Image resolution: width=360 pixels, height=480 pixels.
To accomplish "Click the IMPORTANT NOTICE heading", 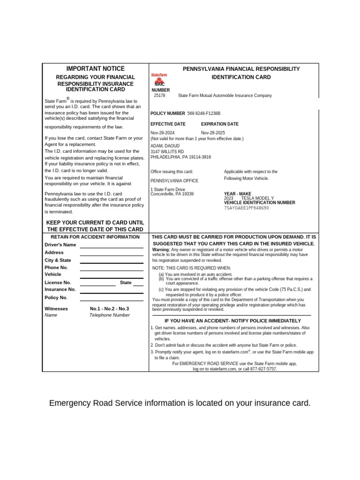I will click(x=96, y=68).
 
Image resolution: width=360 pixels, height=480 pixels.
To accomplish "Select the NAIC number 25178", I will click(x=159, y=96).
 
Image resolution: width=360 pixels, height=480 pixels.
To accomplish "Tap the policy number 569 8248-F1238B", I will click(x=203, y=113).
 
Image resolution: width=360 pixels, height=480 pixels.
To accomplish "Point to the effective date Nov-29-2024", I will click(x=162, y=133).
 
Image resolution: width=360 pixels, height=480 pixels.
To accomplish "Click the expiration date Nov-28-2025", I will click(x=213, y=133).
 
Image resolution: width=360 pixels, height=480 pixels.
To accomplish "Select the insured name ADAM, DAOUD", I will click(x=165, y=146).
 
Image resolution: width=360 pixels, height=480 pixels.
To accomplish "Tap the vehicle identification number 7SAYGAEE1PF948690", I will click(x=247, y=208).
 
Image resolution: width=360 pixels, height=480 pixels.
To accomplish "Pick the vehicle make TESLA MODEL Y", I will click(x=258, y=198).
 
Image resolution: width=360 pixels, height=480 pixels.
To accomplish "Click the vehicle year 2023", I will click(x=229, y=198).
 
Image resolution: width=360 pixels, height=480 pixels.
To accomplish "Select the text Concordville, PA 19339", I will click(x=172, y=194).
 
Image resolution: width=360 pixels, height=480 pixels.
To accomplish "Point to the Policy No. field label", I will click(x=56, y=298).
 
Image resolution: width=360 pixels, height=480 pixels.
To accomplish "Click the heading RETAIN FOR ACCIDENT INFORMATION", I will click(x=95, y=237).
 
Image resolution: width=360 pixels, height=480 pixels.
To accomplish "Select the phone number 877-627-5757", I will click(x=263, y=369).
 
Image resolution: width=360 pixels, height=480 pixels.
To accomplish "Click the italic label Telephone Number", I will click(x=109, y=315).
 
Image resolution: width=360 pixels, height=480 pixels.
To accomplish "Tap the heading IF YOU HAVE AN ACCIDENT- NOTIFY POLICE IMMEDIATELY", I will click(x=232, y=320).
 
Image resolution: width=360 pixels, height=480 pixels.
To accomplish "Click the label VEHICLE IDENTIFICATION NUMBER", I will click(x=260, y=202).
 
